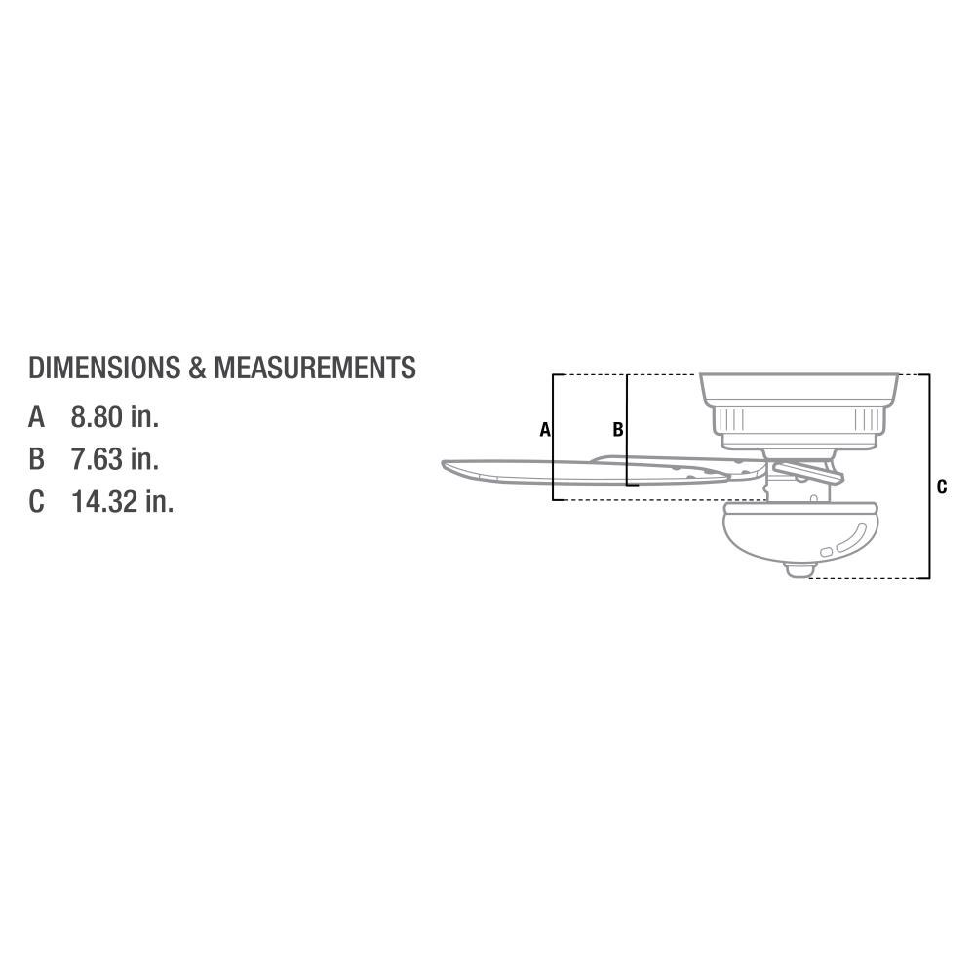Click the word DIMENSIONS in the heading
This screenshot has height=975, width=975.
(104, 368)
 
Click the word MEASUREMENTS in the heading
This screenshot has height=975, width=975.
(315, 368)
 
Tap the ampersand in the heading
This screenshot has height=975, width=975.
(197, 368)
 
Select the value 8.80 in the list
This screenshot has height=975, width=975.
(97, 416)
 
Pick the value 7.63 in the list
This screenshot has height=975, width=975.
(97, 459)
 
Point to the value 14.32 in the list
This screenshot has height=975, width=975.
(104, 501)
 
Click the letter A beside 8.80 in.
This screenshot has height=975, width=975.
(37, 416)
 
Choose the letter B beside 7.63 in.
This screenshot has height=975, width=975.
(37, 459)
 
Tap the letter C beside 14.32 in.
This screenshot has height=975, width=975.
(37, 501)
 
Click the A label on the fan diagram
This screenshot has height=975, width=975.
(545, 430)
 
